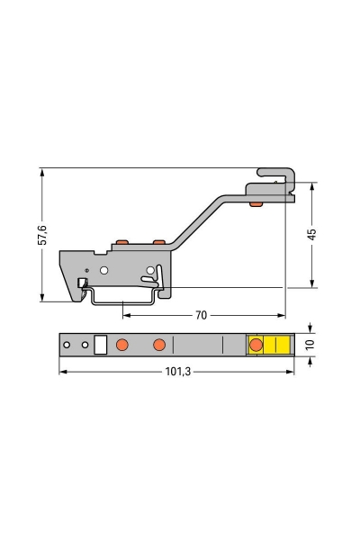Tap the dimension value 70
coord(201,316)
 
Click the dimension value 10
coord(310,345)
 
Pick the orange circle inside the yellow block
coord(255,345)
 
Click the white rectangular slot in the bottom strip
coord(101,345)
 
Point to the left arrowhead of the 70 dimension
coord(125,316)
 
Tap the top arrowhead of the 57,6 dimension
coord(42,171)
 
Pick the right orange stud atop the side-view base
coord(158,242)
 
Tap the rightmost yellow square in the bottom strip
coord(283,345)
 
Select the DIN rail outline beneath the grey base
coord(126,298)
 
